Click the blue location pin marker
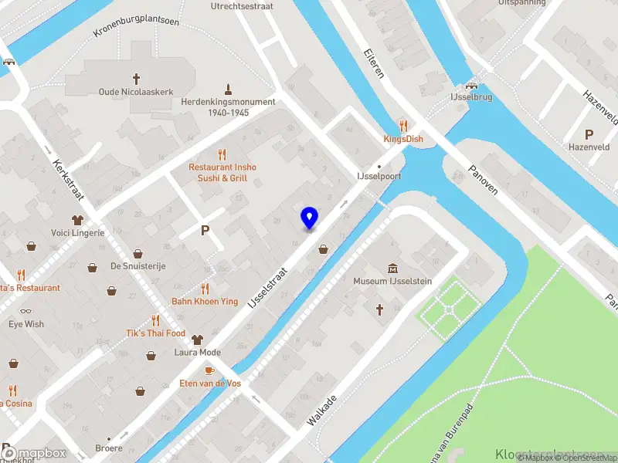click(309, 218)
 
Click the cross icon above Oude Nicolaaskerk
click(137, 78)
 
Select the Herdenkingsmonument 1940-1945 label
click(228, 107)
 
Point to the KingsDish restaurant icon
click(402, 125)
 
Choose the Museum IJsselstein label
click(392, 281)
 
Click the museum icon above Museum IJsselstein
click(392, 268)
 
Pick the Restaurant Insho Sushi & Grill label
click(222, 173)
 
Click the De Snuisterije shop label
click(138, 266)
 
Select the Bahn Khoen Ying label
click(205, 302)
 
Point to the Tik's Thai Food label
click(156, 333)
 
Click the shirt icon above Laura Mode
click(198, 339)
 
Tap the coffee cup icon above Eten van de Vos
click(209, 370)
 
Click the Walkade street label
click(322, 411)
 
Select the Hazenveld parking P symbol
click(589, 133)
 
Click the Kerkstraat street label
click(70, 180)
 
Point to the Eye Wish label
click(26, 324)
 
